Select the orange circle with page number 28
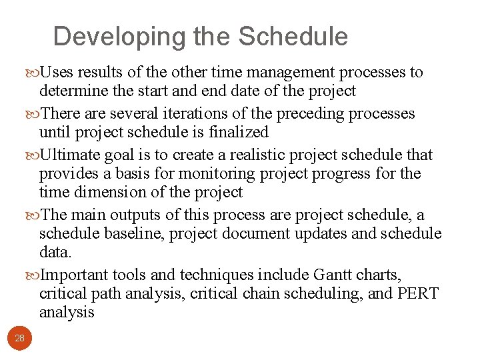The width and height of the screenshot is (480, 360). [19, 339]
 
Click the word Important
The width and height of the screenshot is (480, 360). [76, 275]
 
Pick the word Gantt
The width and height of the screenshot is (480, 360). [327, 275]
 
